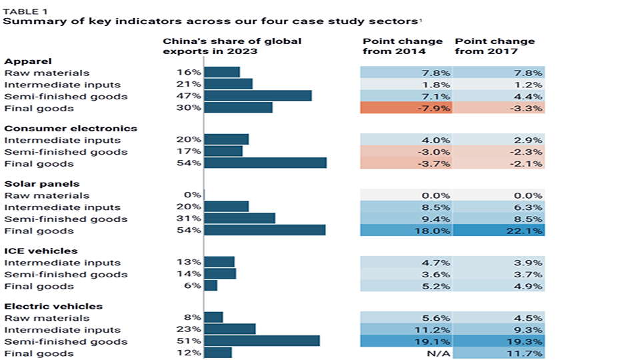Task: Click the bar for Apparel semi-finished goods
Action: [x=257, y=96]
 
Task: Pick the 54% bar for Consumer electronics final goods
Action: [x=265, y=163]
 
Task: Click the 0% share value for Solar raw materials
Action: [x=193, y=195]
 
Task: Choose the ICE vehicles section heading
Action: [x=31, y=251]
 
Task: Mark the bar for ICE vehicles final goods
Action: [x=211, y=286]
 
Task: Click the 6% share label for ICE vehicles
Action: [x=193, y=286]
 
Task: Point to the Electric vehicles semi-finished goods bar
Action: [x=261, y=341]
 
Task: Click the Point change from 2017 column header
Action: [x=494, y=46]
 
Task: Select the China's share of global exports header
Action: [x=232, y=46]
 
